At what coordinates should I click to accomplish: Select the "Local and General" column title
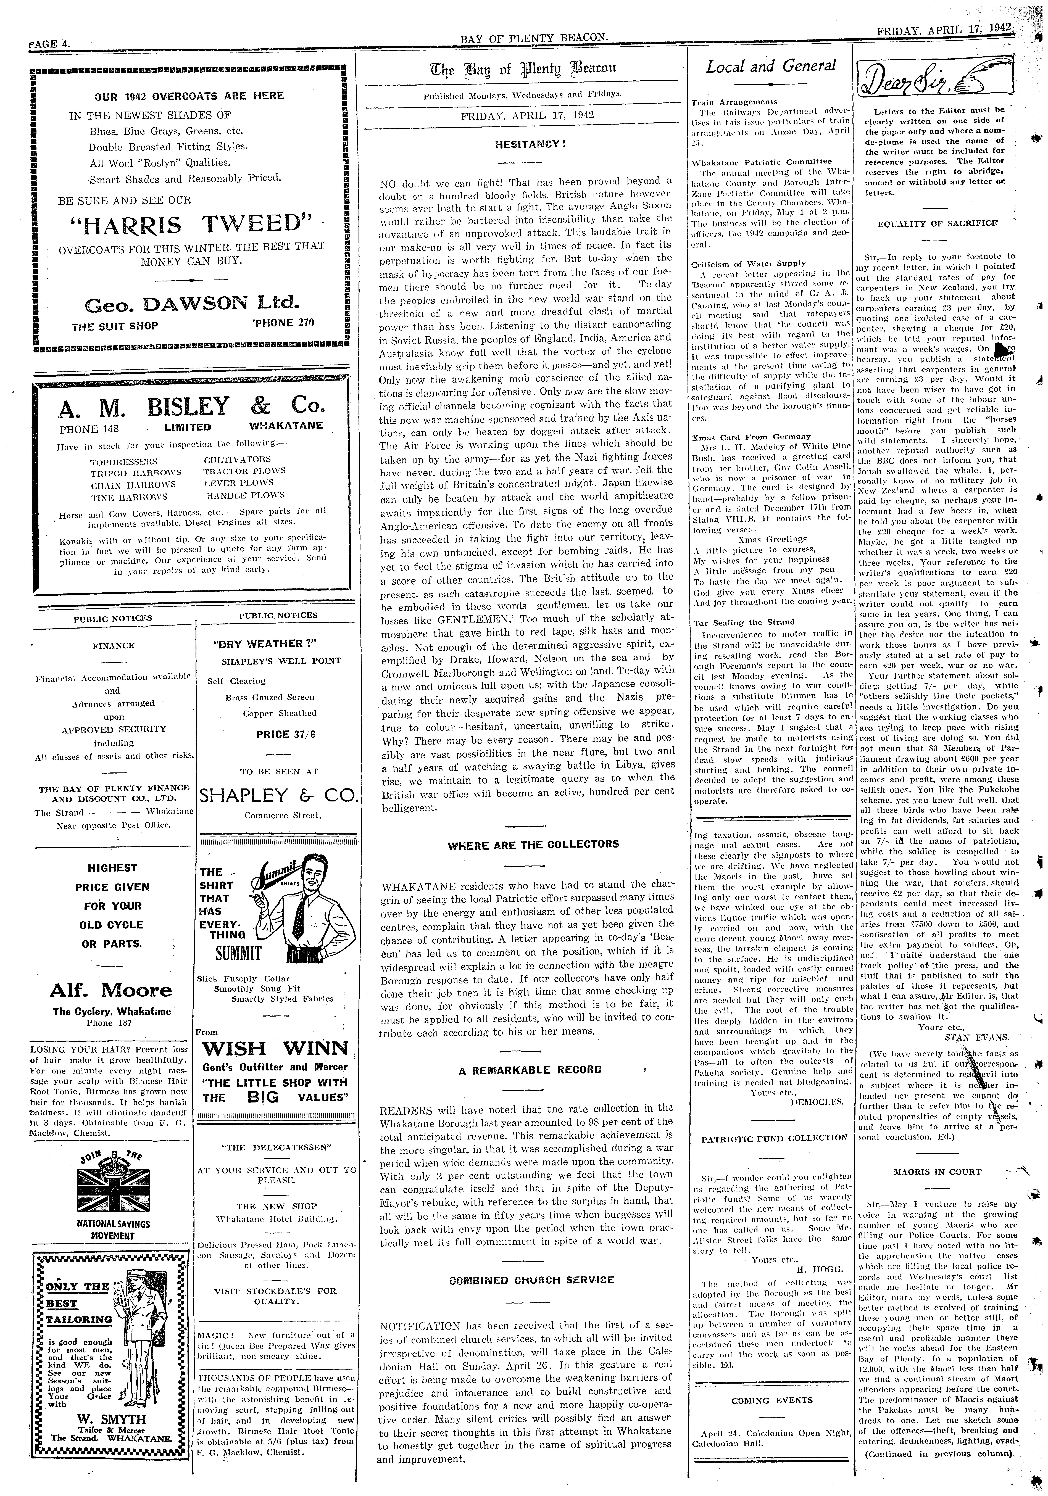coord(770,66)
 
